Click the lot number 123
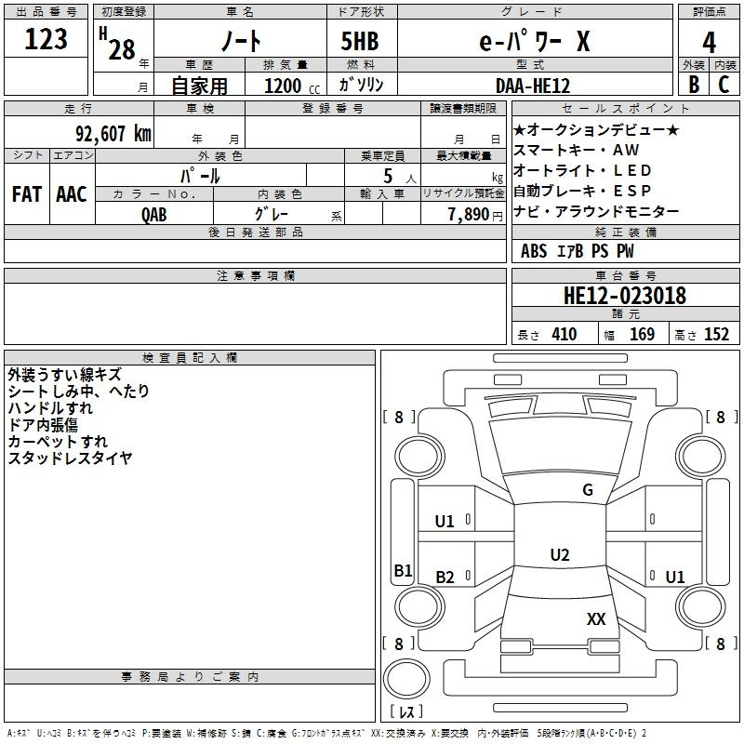(x=46, y=38)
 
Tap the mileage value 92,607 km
(x=113, y=134)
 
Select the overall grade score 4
(x=709, y=43)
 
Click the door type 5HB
(x=360, y=41)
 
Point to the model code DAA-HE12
(x=533, y=86)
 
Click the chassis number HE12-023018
(x=624, y=295)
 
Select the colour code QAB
(x=153, y=215)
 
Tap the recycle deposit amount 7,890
(x=469, y=214)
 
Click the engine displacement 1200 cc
(x=292, y=86)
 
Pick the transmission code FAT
(x=27, y=194)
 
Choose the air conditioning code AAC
(x=72, y=194)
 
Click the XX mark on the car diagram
(x=596, y=618)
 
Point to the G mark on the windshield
(x=588, y=489)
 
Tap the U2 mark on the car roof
(x=560, y=554)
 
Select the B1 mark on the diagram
(x=403, y=570)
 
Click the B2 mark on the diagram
(x=445, y=577)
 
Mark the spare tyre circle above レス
(x=406, y=679)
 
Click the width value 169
(x=642, y=334)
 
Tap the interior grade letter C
(x=724, y=85)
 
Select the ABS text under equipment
(x=534, y=251)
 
